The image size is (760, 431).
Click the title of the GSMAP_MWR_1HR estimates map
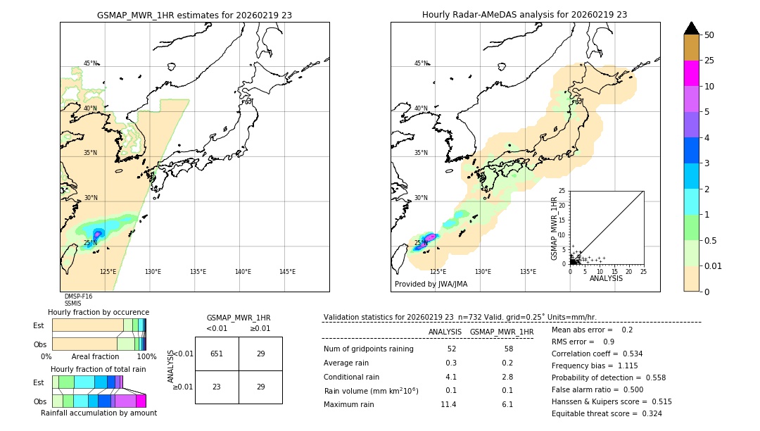(x=194, y=15)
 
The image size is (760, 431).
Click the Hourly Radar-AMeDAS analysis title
(x=524, y=15)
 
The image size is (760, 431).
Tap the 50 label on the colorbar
(x=709, y=35)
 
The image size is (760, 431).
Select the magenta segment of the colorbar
(x=691, y=73)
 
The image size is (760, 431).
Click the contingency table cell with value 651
(x=217, y=354)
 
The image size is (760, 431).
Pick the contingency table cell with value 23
(x=217, y=387)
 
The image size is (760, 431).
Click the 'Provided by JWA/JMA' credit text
(x=431, y=285)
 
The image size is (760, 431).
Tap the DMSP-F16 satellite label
(x=78, y=296)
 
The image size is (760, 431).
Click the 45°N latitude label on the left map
(x=91, y=63)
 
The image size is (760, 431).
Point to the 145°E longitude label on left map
(x=287, y=272)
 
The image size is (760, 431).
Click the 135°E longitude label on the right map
(x=528, y=272)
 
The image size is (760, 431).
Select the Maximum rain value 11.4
(x=448, y=404)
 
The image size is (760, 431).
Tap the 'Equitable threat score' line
(x=607, y=413)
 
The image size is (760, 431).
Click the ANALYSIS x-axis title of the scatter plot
(x=606, y=278)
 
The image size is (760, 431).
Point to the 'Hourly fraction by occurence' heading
(x=99, y=312)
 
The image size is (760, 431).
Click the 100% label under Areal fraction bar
(x=146, y=357)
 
